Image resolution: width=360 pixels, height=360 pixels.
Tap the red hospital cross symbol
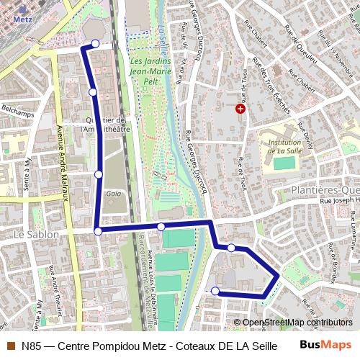[x=240, y=109]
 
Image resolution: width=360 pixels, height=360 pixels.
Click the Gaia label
[x=113, y=193]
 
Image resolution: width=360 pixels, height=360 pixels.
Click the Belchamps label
[x=17, y=109]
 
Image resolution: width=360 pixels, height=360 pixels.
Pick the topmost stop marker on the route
[x=94, y=45]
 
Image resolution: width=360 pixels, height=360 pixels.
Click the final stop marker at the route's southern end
[x=215, y=291]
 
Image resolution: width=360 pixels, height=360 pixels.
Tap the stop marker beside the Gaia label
[x=99, y=174]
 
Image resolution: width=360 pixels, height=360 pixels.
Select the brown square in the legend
[x=9, y=346]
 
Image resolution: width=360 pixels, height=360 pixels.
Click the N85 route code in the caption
[x=30, y=346]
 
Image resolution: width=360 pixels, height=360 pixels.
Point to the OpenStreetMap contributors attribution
[x=297, y=323]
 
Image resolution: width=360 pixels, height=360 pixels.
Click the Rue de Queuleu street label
[x=300, y=45]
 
